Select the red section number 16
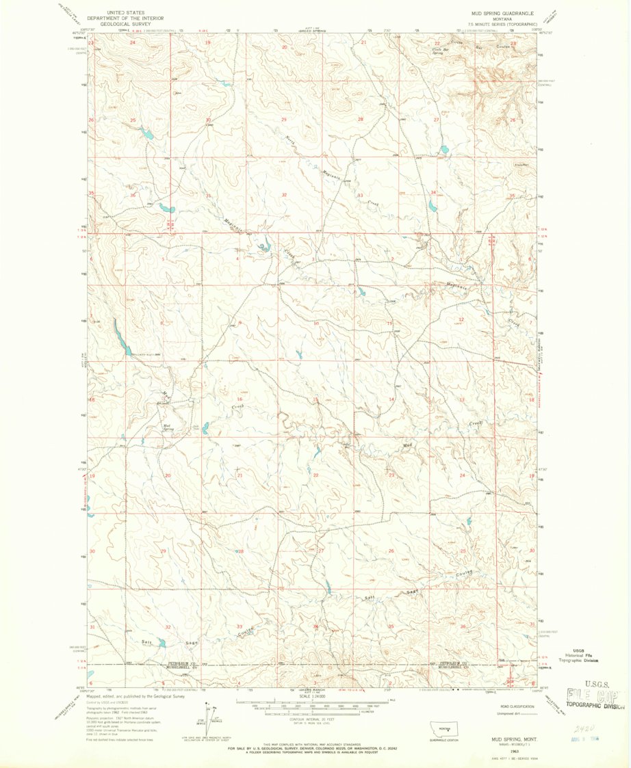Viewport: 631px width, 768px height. [240, 399]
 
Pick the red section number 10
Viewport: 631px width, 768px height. [315, 323]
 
